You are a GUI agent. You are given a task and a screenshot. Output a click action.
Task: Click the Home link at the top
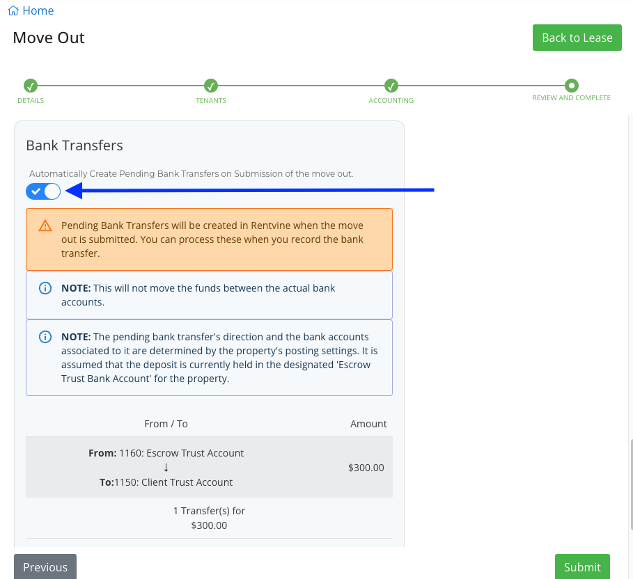click(x=31, y=10)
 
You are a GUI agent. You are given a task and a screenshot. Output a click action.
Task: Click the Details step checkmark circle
click(x=31, y=86)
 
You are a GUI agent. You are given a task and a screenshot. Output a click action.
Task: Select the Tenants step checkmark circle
click(x=211, y=86)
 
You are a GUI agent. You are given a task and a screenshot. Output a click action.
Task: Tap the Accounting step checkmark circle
click(x=391, y=86)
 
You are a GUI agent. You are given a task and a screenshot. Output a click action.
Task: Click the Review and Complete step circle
click(x=572, y=86)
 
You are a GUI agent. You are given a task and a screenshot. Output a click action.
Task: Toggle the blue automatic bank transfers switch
click(x=43, y=191)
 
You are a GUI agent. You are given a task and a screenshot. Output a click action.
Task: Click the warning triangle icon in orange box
click(x=45, y=225)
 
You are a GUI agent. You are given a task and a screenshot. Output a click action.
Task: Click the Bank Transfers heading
click(x=75, y=145)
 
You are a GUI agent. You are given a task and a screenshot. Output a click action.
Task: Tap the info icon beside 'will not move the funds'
click(x=45, y=288)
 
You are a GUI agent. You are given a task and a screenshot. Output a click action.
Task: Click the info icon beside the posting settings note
click(x=45, y=337)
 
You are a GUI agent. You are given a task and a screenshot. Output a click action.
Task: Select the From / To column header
click(x=166, y=424)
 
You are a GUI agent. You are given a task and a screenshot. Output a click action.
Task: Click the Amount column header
click(x=368, y=424)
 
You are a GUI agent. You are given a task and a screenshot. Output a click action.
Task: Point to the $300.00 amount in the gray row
click(x=366, y=468)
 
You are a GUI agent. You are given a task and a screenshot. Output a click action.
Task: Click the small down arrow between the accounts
click(x=166, y=468)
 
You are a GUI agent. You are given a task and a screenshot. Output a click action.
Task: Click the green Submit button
click(x=582, y=566)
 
